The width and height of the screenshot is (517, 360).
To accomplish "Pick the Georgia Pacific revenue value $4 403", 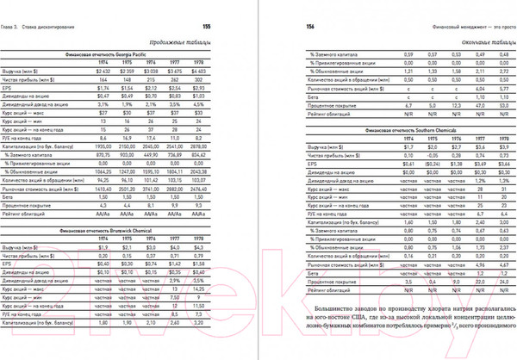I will point(223,71).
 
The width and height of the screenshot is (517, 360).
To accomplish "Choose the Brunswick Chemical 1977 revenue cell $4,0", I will point(199,246).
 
